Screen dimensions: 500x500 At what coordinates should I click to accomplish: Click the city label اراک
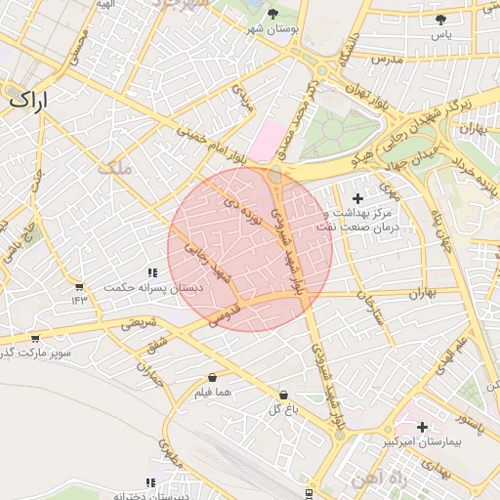pos(29,100)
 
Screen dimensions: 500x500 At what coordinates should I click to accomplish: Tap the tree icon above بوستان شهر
pos(271,14)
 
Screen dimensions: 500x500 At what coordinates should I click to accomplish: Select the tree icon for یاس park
pos(441,19)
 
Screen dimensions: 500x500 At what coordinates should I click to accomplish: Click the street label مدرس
pos(387,61)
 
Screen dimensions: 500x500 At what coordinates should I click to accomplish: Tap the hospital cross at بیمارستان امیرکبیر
pos(422,427)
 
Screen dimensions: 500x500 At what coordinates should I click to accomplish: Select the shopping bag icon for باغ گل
pos(283,395)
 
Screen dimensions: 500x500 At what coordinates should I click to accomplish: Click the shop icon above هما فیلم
pos(212,377)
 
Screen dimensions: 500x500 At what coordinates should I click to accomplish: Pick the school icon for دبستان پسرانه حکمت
pos(151,273)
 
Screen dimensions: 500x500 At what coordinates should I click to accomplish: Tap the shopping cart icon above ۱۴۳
pos(78,287)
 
